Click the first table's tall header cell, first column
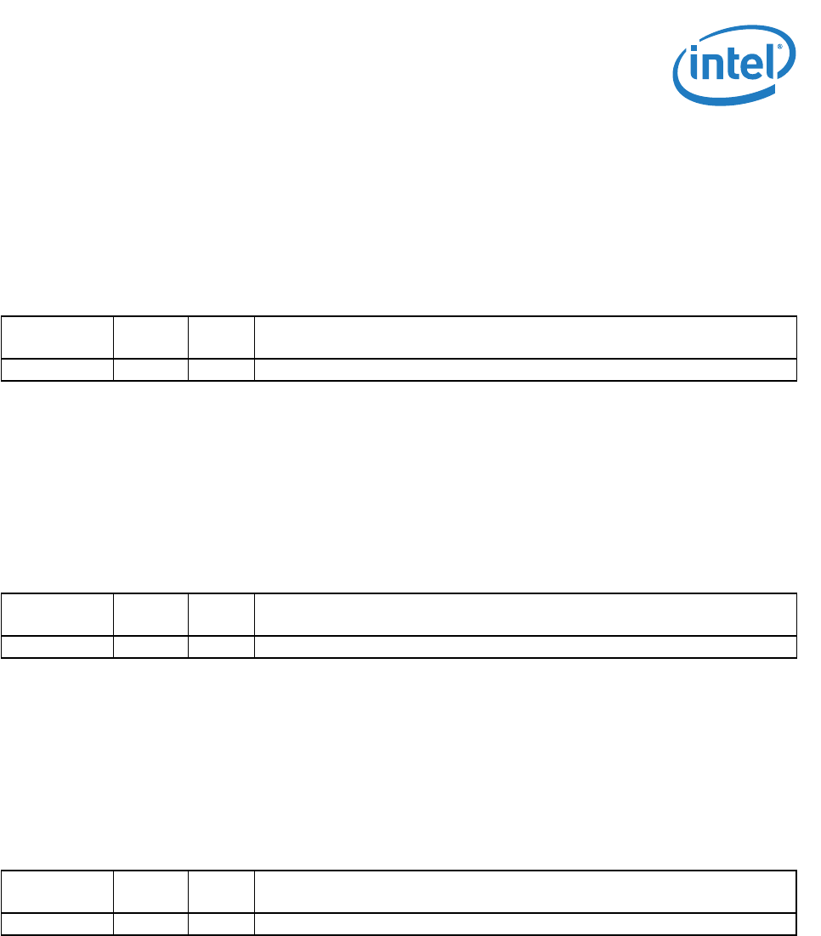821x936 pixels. [58, 338]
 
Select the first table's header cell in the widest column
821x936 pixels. [525, 338]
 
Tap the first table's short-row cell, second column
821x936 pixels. [150, 370]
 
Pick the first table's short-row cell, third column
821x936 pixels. [221, 370]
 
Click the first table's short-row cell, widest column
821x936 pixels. [525, 370]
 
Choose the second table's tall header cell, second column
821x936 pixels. [150, 614]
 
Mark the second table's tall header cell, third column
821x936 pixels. [221, 614]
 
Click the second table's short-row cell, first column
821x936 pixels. [58, 647]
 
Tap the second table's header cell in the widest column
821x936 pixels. [525, 614]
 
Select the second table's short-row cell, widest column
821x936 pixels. [525, 647]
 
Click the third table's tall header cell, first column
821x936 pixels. [58, 891]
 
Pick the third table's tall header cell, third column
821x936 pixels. [221, 891]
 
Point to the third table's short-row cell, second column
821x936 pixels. [150, 924]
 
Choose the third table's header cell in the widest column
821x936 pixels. [525, 891]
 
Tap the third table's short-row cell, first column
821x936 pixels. [58, 924]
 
